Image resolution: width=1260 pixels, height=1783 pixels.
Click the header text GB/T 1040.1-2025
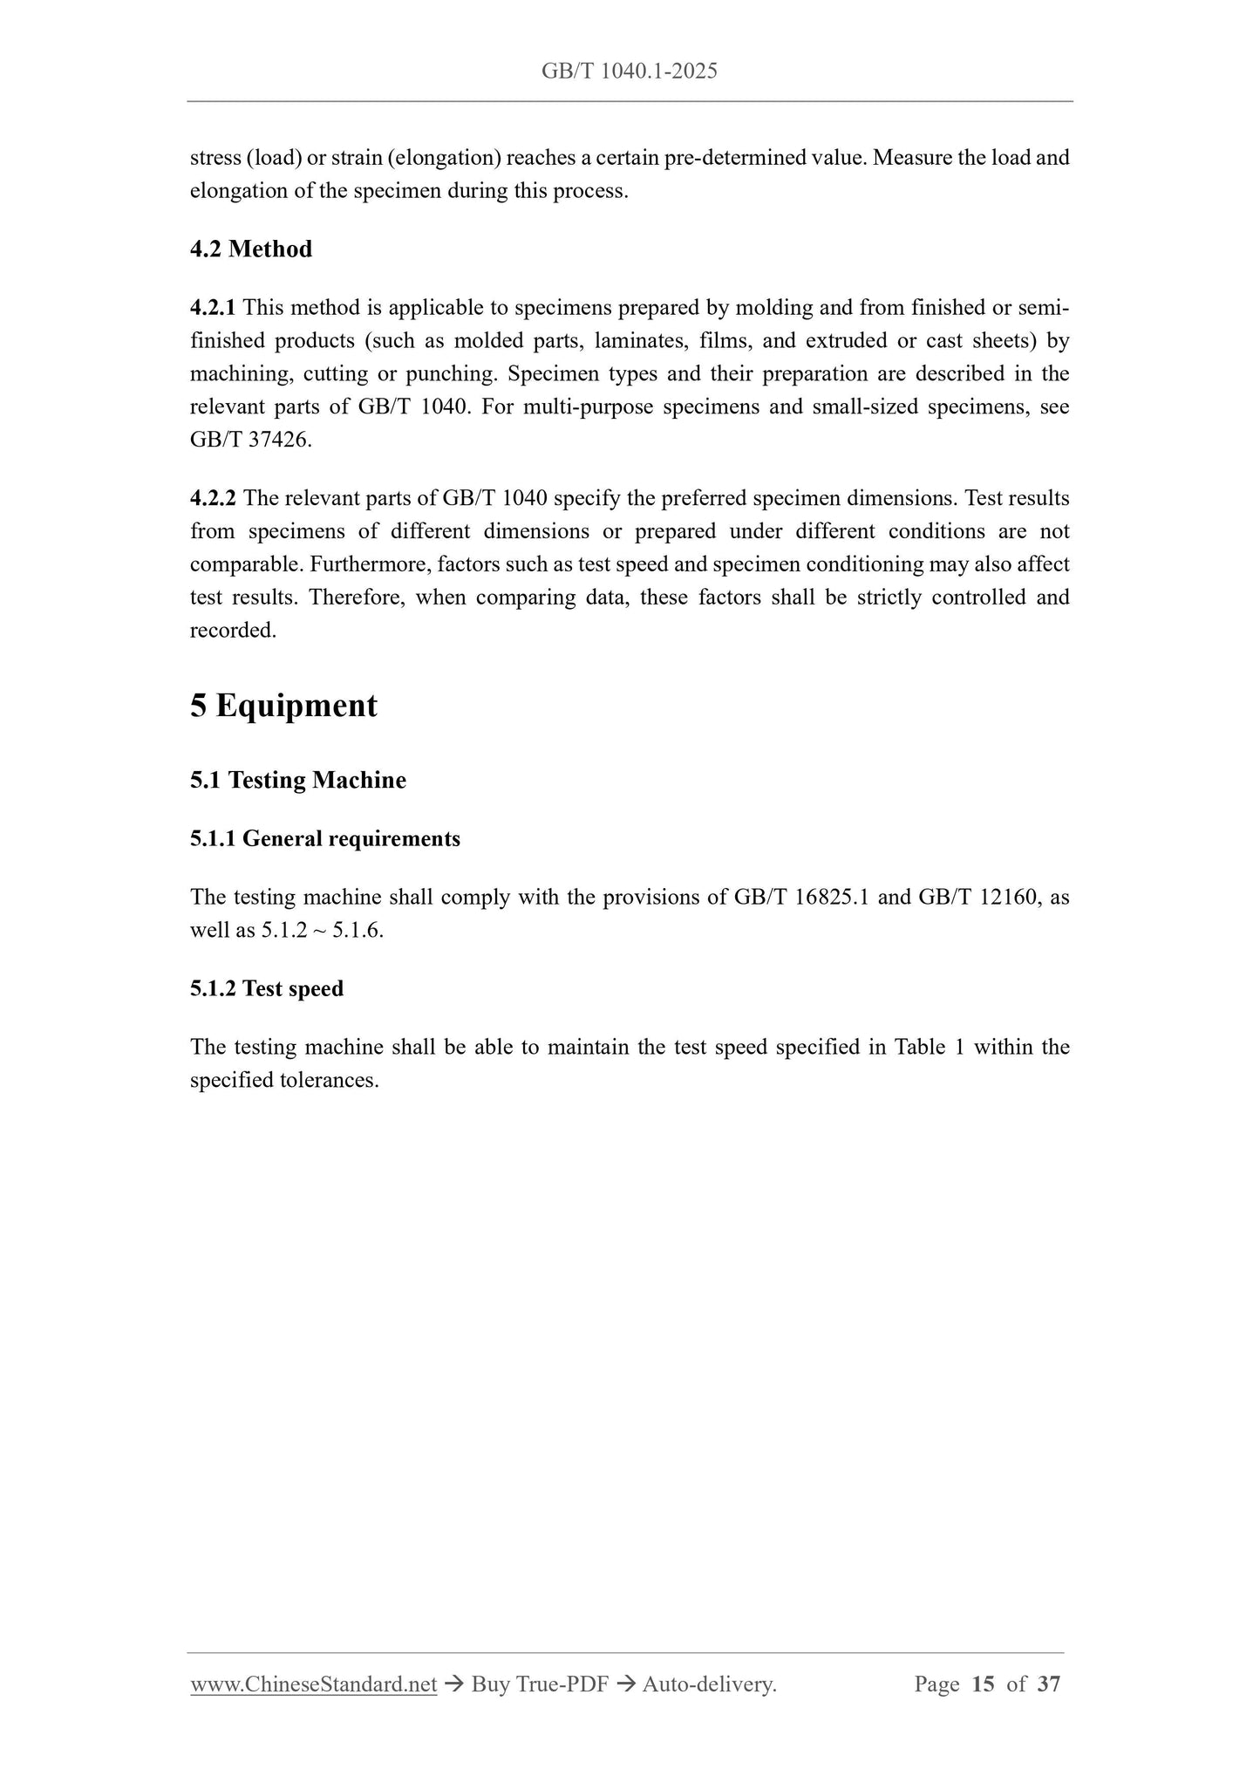click(x=630, y=72)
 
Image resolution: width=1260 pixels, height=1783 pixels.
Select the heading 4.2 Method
click(x=251, y=249)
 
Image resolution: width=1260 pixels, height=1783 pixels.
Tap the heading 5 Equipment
click(x=283, y=706)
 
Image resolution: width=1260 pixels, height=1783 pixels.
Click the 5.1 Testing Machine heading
click(x=298, y=780)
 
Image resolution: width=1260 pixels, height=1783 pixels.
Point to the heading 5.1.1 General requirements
click(x=325, y=839)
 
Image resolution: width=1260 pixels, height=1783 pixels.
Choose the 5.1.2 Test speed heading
click(x=267, y=989)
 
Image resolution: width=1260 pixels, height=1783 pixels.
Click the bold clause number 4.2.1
click(x=213, y=308)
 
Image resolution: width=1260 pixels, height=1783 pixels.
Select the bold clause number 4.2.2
click(x=213, y=499)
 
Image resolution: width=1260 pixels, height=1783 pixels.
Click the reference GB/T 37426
click(x=250, y=441)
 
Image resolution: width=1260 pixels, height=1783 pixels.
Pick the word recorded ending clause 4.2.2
click(x=233, y=631)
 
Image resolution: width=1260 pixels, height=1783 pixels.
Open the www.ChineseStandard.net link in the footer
click(x=313, y=1685)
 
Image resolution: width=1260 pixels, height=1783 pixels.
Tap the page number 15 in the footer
click(x=982, y=1685)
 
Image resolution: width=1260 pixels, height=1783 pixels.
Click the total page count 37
click(x=1049, y=1685)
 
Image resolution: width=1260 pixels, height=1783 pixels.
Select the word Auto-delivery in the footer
click(x=709, y=1685)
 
